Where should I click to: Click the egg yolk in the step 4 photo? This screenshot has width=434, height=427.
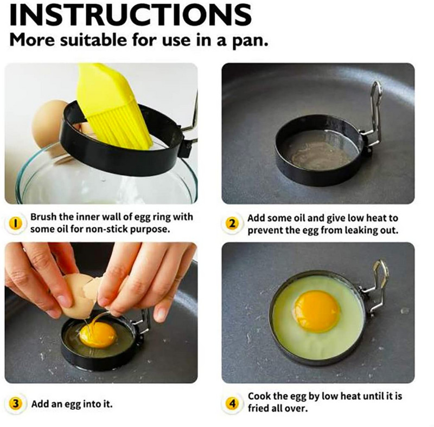pos(317,310)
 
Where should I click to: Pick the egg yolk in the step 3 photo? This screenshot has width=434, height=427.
pos(98,334)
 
